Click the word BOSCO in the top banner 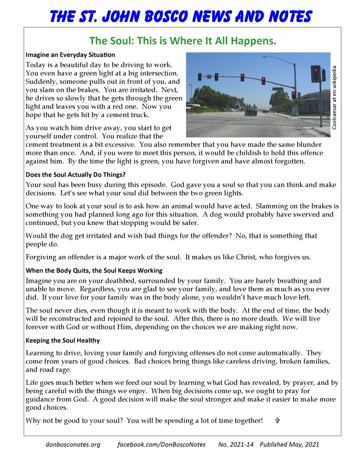[x=168, y=17]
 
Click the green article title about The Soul [x=183, y=41]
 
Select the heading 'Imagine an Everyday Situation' [x=70, y=55]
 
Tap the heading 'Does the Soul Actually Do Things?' [x=76, y=174]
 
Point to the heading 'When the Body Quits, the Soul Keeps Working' [x=94, y=271]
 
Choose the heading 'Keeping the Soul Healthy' [x=63, y=340]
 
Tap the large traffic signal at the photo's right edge [x=315, y=74]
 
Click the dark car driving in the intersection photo [x=251, y=111]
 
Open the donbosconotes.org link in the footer [x=73, y=444]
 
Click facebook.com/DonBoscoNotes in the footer [x=162, y=444]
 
